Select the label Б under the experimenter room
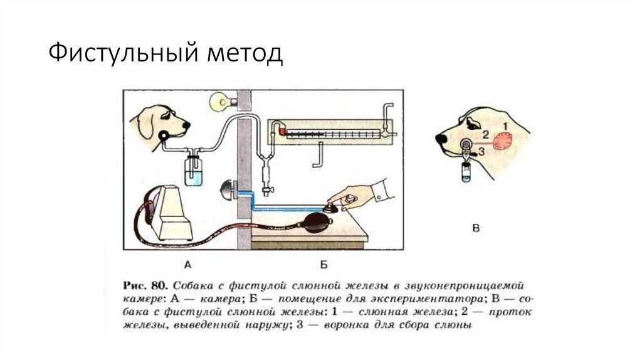tap(324, 264)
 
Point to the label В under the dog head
tap(476, 229)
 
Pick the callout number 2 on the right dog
tap(484, 133)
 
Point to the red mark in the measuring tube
tap(282, 132)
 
